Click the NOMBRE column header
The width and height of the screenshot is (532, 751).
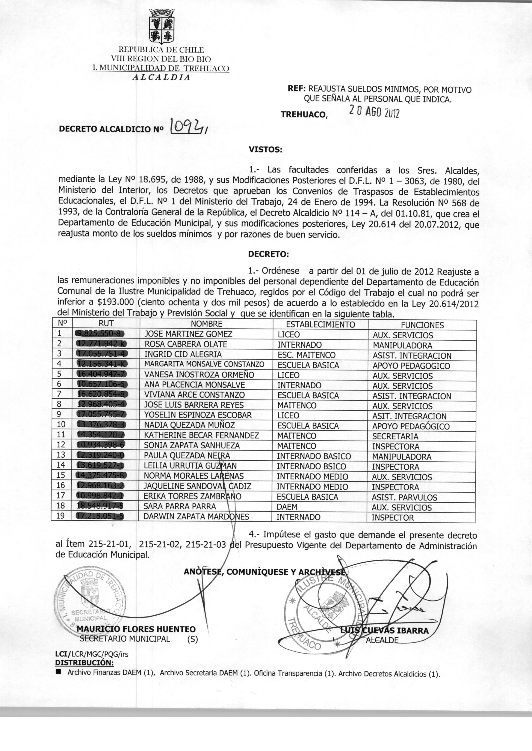pos(207,324)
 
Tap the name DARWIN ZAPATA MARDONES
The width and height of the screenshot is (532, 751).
pos(196,517)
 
